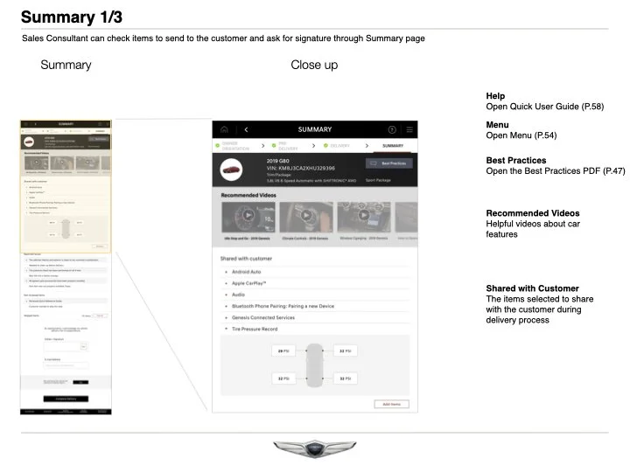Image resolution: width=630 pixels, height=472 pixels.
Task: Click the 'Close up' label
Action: click(x=314, y=65)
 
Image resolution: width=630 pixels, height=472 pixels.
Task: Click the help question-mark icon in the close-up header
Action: click(x=392, y=129)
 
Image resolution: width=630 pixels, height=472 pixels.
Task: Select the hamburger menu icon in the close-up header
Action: click(x=409, y=129)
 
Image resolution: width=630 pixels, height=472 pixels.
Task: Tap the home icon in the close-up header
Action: click(x=224, y=129)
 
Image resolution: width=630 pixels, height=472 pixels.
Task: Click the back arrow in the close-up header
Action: click(x=246, y=129)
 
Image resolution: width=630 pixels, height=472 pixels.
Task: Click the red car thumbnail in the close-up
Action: click(x=233, y=169)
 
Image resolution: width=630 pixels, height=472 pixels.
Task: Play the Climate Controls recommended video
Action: click(x=305, y=215)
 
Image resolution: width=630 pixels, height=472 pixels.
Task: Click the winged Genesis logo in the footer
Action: click(x=315, y=449)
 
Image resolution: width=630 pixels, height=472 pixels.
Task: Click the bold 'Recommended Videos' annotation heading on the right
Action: click(x=532, y=213)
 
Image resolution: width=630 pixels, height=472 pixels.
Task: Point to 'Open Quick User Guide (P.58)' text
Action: click(x=544, y=107)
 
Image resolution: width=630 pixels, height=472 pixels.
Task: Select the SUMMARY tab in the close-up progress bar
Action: click(x=393, y=146)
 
